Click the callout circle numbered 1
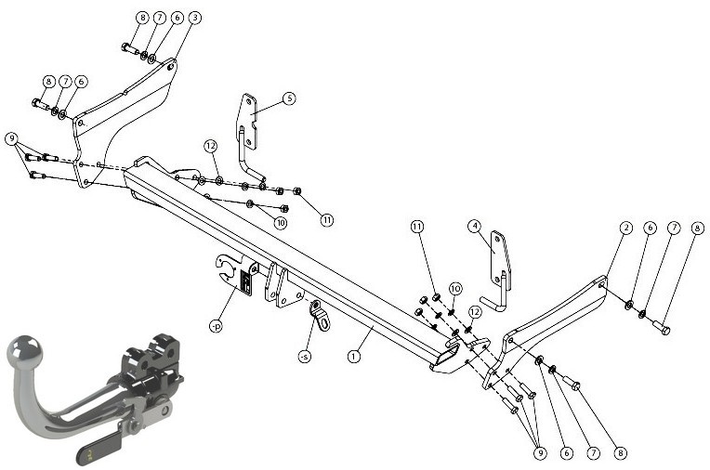354,357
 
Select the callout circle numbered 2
625,228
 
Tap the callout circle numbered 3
195,18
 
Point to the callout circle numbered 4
475,226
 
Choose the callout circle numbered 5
289,98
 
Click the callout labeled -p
216,325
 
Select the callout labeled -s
305,357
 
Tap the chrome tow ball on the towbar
25,352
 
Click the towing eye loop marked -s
321,316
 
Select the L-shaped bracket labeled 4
498,270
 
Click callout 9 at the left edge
12,138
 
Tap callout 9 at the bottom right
540,452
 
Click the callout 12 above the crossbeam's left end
210,146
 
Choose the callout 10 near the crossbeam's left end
281,223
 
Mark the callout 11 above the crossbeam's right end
417,226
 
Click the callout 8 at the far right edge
697,228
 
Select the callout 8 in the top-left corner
142,18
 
